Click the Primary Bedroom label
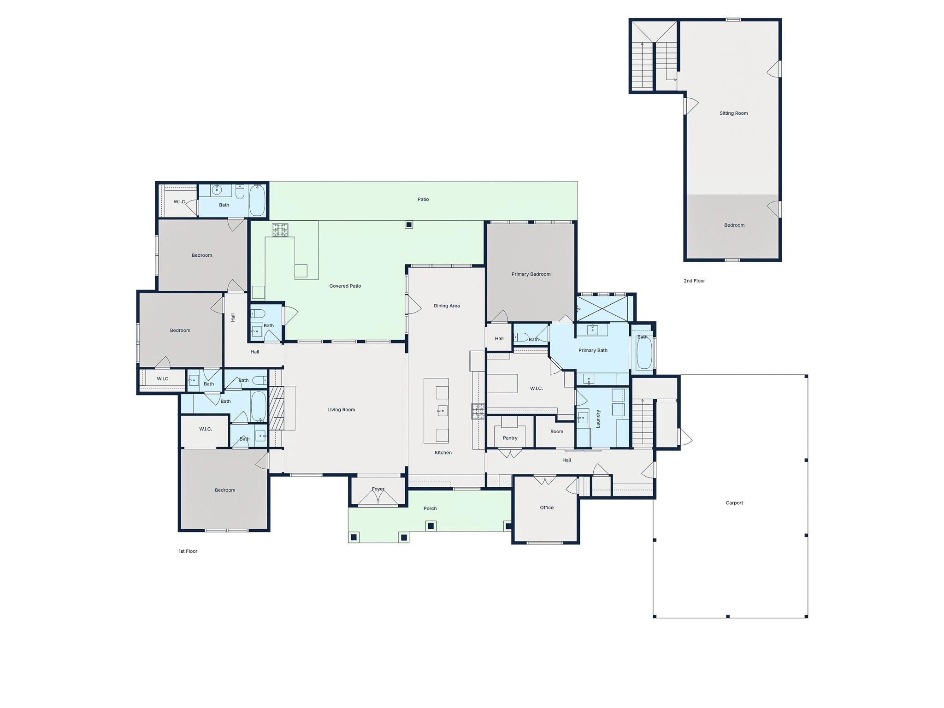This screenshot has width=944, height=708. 531,274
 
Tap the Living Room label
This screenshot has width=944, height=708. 341,410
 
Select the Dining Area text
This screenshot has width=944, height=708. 447,306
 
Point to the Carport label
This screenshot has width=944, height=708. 734,503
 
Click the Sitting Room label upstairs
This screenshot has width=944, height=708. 734,113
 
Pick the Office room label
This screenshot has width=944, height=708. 547,507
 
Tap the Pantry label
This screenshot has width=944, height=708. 510,438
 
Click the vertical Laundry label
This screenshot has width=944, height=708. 598,419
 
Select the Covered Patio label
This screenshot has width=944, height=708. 345,286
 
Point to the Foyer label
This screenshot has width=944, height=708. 378,489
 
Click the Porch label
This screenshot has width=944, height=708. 430,509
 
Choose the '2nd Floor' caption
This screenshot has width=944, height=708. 694,281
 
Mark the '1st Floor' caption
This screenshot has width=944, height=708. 188,551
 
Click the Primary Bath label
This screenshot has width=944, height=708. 593,351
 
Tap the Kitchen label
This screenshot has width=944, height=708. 443,453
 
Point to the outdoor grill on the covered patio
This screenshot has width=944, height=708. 280,230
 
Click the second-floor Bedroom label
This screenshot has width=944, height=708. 734,225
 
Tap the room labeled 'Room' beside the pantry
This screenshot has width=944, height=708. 557,432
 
